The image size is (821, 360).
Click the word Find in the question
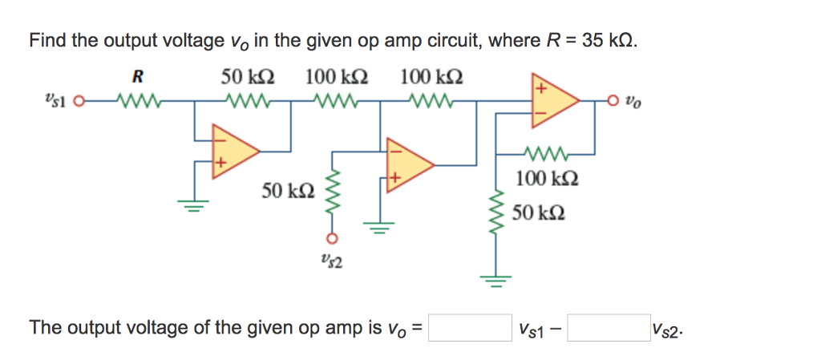[47, 41]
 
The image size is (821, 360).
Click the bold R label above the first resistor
[138, 78]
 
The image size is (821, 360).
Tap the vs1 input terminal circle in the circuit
[78, 103]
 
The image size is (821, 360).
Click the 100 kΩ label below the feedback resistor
[546, 178]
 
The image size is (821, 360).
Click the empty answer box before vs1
[470, 328]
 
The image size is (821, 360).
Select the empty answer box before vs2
[609, 328]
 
